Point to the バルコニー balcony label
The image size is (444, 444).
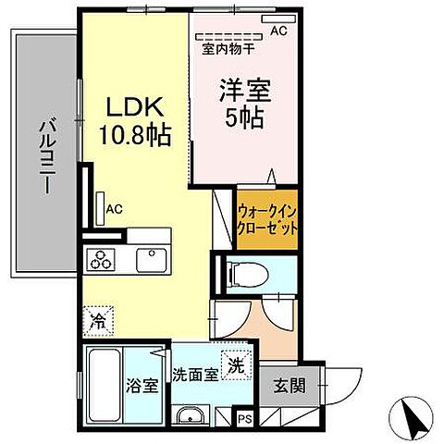[43, 153]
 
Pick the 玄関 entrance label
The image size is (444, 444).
[288, 386]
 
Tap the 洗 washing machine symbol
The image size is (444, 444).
[237, 365]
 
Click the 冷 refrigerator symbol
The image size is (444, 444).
[98, 323]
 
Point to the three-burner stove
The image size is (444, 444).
[99, 258]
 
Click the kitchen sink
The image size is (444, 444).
[150, 258]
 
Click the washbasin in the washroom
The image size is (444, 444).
[191, 415]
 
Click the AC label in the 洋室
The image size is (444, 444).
[278, 31]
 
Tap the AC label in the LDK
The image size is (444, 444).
[115, 208]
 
